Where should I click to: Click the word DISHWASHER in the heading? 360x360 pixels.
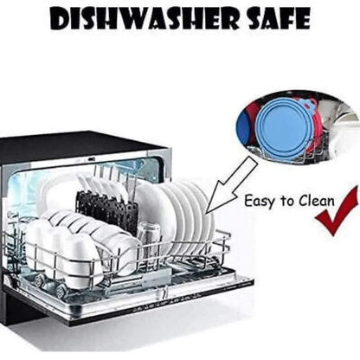tap(145, 17)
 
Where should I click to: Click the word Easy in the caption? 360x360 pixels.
tap(259, 202)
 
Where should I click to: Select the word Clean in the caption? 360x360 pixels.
tap(317, 201)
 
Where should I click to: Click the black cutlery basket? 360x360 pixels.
tap(106, 209)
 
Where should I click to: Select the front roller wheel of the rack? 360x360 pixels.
tap(61, 287)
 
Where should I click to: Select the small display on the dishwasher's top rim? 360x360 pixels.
tap(92, 159)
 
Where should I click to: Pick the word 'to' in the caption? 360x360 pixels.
tap(286, 201)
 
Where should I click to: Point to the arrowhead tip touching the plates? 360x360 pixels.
tap(206, 213)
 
